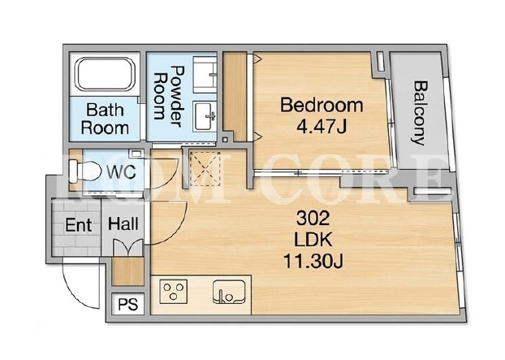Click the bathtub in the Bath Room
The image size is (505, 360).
tap(105, 74)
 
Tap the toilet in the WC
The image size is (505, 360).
tap(84, 171)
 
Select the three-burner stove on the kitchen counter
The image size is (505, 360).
tap(174, 291)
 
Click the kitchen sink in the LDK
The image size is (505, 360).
tap(229, 292)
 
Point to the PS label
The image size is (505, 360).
tap(127, 304)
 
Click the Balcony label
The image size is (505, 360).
tap(421, 113)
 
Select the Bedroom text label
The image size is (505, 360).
tap(322, 106)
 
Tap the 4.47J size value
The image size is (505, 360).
tap(321, 127)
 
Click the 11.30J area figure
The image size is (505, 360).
tap(313, 262)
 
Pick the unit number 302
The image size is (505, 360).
tap(313, 218)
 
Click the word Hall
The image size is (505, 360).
tap(123, 223)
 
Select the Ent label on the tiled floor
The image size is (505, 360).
tap(78, 224)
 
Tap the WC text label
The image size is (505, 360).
tap(121, 171)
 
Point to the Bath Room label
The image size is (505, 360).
tap(105, 119)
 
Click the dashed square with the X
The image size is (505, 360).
tap(205, 169)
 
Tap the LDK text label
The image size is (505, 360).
tap(313, 240)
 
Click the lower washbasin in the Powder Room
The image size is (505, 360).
tap(205, 116)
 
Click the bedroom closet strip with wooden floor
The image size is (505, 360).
tap(235, 97)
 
